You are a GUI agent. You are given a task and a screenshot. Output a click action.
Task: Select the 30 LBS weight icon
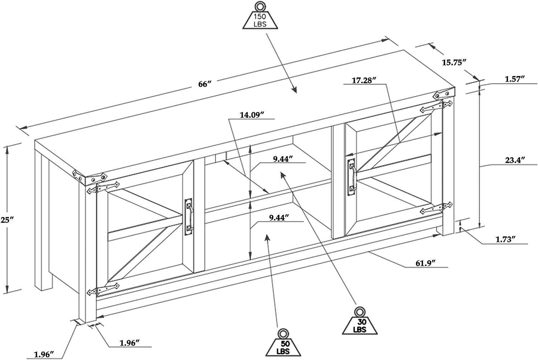pos(359,322)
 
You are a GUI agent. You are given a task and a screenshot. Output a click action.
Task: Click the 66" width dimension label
pos(205,84)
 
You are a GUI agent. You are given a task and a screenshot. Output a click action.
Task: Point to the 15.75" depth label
pos(454,62)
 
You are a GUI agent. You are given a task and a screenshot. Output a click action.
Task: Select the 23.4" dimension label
pos(515,160)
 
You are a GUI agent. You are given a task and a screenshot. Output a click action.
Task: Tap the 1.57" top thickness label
pos(515,79)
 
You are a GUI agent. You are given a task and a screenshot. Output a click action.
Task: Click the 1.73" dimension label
pos(506,239)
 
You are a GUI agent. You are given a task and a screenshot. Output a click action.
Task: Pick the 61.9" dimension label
pos(426,263)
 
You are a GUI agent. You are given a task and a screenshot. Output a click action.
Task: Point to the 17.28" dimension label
pos(363,80)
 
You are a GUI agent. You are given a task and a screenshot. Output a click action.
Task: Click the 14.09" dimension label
pos(252,115)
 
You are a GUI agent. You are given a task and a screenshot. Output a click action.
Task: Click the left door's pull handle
pos(189,217)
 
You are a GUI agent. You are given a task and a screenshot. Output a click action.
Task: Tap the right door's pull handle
pos(351,177)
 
